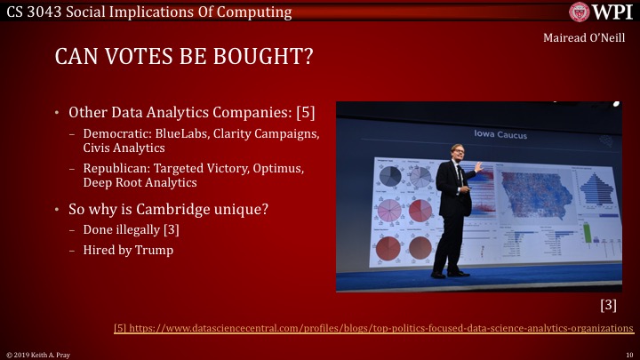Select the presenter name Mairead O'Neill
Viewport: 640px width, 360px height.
click(x=591, y=38)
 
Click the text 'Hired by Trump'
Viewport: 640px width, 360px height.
click(x=123, y=250)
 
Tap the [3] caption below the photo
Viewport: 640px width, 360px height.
click(x=610, y=305)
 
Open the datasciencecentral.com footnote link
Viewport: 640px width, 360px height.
click(x=373, y=329)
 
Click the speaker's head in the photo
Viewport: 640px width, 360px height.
click(x=458, y=151)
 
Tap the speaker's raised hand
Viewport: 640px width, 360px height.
click(x=477, y=165)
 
